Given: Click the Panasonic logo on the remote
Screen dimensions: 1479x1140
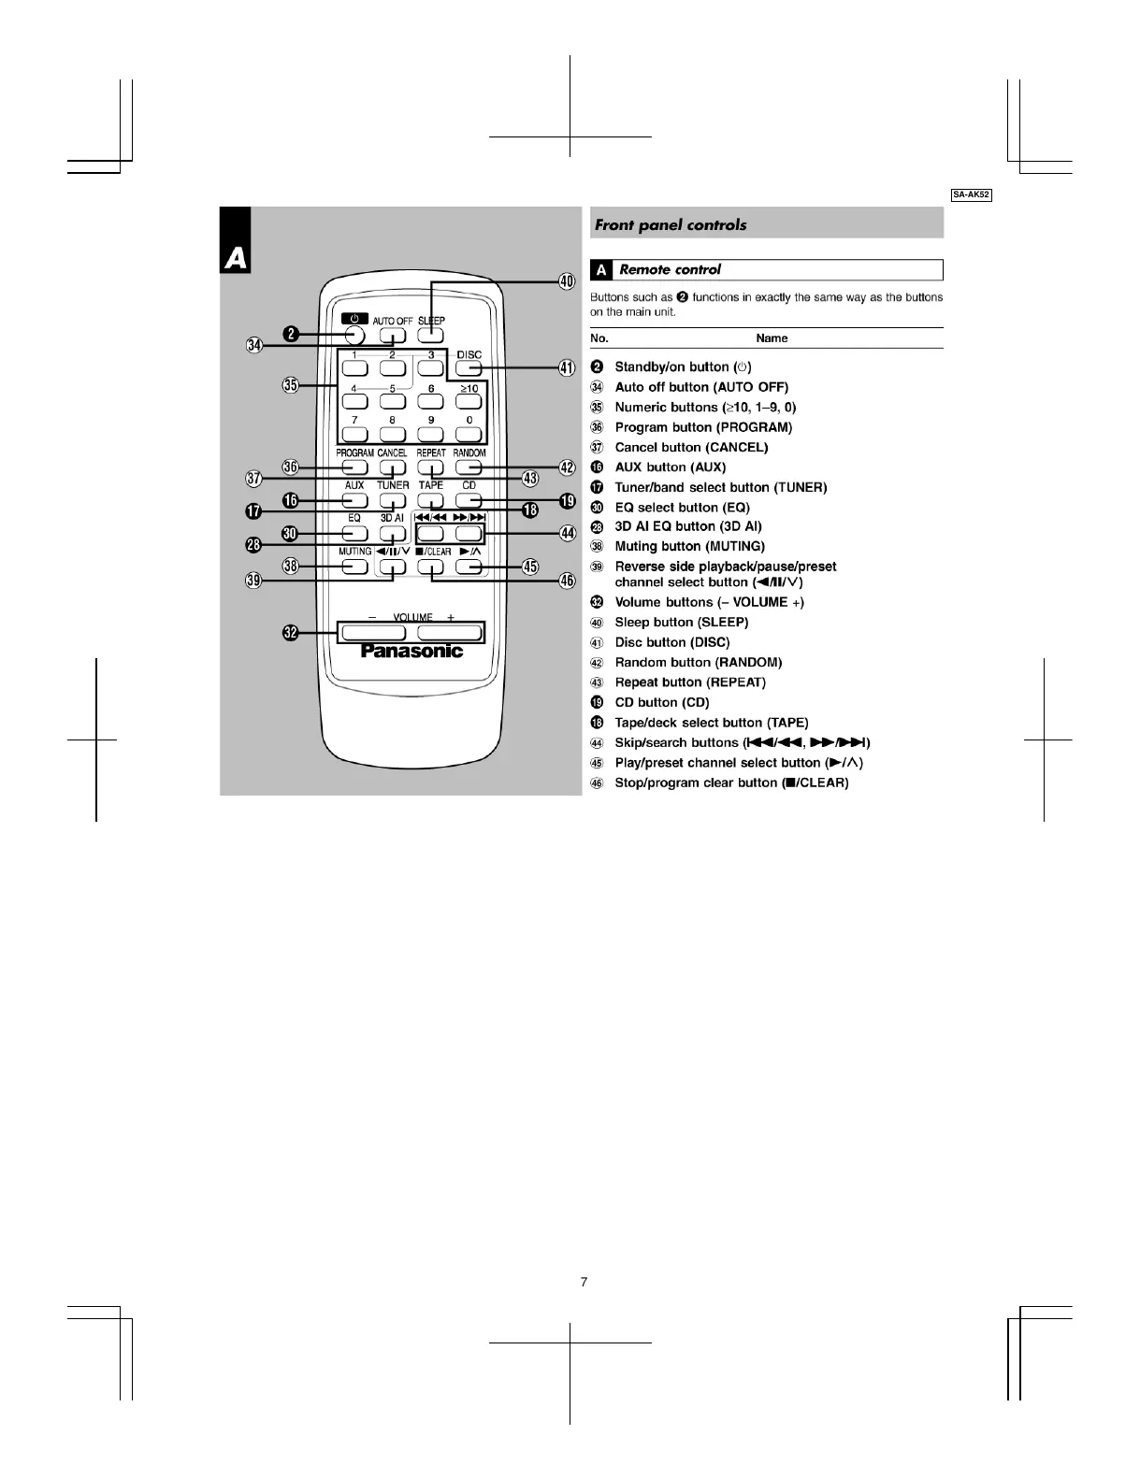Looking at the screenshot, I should (x=411, y=652).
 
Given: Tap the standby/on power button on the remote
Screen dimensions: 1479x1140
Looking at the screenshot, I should (x=354, y=336).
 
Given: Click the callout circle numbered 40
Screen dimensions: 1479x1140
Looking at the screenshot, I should (x=567, y=281).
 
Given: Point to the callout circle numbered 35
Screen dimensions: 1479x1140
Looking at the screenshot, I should (x=290, y=385).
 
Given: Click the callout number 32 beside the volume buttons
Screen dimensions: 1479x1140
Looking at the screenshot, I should (x=291, y=633).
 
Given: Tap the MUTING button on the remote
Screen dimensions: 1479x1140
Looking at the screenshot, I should (x=354, y=566).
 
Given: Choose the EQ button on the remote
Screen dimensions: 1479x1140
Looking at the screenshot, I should (x=354, y=533).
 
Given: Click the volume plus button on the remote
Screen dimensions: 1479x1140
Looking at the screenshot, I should (x=450, y=633).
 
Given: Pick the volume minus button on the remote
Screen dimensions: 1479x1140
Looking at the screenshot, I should (x=373, y=633).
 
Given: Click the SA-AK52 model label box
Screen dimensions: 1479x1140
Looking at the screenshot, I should (x=971, y=194).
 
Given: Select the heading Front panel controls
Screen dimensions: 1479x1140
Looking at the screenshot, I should (x=671, y=224).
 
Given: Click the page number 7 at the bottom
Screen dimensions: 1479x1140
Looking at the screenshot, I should (x=584, y=1282).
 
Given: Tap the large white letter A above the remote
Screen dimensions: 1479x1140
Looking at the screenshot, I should (x=236, y=257).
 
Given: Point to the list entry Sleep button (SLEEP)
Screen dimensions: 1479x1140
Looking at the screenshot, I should (x=681, y=622).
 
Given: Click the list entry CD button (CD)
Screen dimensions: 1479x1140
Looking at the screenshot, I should (x=661, y=702).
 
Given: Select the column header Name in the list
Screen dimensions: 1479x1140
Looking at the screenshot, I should (x=772, y=338).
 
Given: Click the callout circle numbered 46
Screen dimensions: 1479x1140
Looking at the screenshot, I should (x=567, y=580).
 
